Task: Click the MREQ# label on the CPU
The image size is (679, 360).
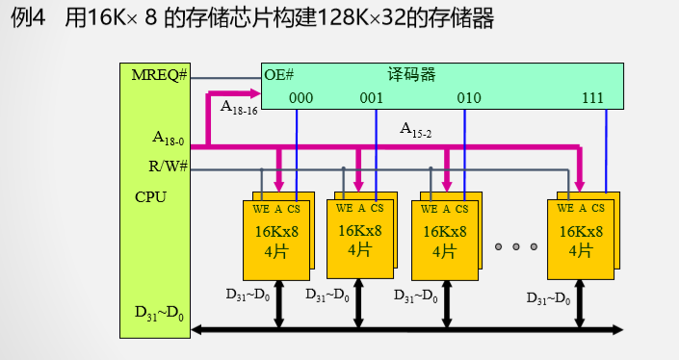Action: (160, 75)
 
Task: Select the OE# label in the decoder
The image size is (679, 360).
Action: (278, 75)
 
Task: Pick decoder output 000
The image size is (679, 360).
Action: (300, 98)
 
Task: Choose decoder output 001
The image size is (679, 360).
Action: (371, 98)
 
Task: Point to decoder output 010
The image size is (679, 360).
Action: (469, 98)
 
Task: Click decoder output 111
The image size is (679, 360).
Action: (594, 98)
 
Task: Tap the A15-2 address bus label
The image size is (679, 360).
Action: (416, 129)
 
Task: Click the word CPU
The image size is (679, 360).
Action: (150, 196)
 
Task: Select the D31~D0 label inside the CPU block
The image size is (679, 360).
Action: (157, 314)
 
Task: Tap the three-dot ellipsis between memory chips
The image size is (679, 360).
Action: (515, 247)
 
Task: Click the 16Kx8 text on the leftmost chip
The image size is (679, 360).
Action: (275, 231)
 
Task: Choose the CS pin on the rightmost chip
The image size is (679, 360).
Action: (598, 207)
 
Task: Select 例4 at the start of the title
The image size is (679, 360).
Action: (29, 18)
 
